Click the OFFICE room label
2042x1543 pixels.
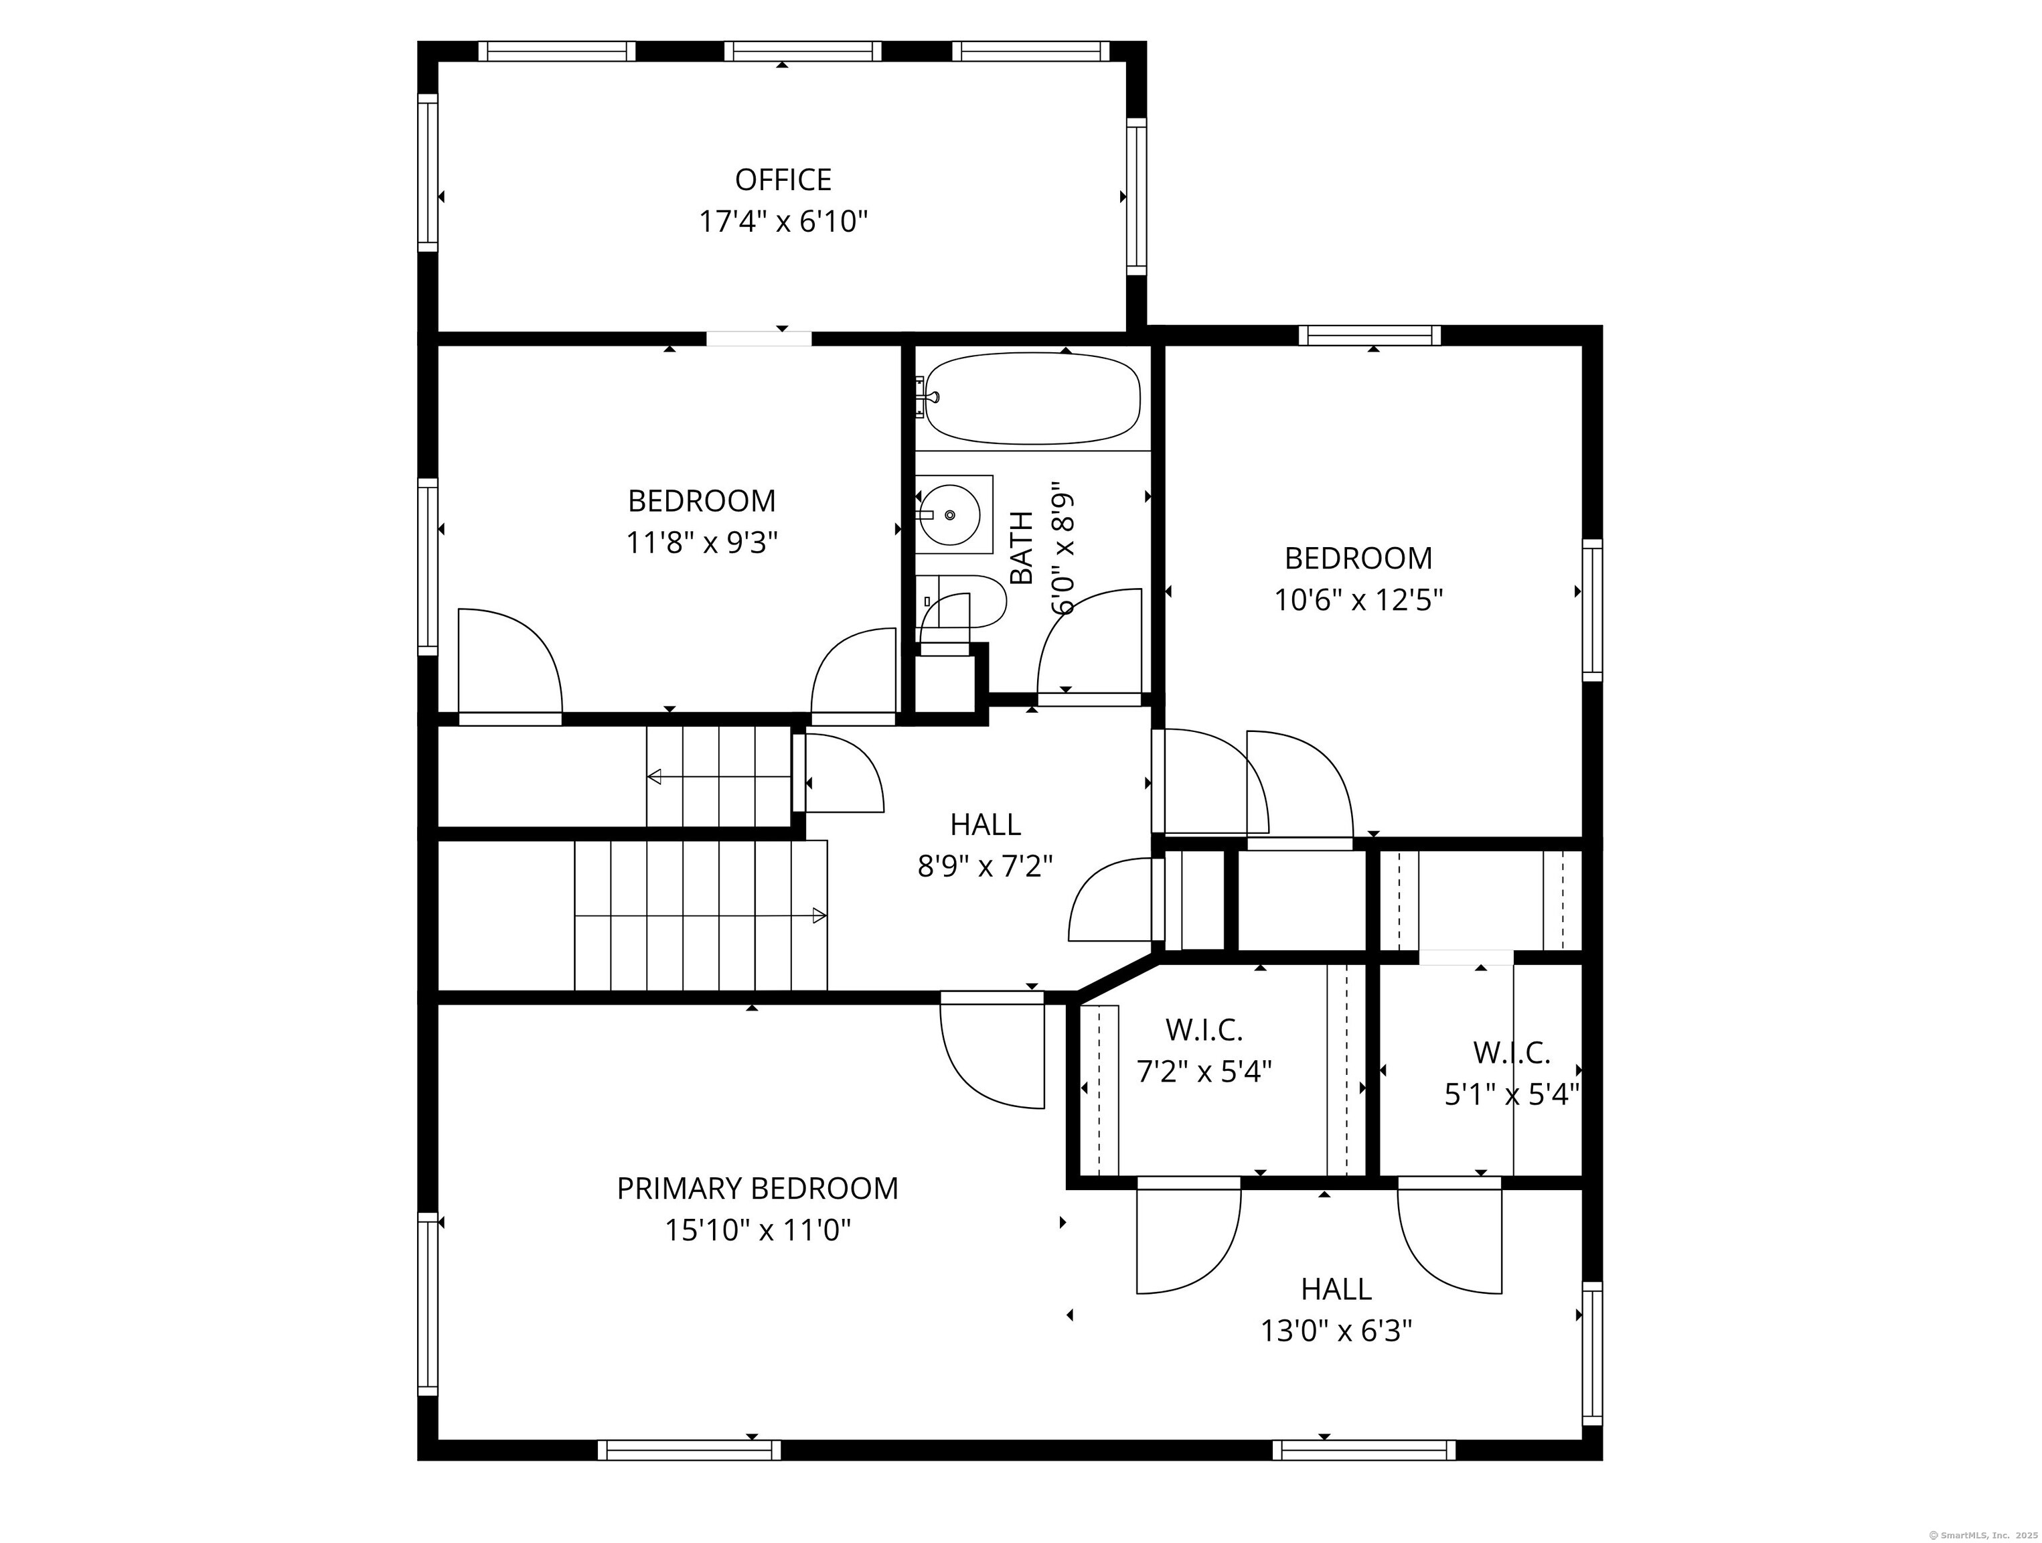(783, 179)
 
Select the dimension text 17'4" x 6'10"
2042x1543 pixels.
(783, 222)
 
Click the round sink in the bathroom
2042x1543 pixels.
(951, 514)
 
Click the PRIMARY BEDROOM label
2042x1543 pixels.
(757, 1189)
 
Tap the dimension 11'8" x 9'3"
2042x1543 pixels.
(702, 542)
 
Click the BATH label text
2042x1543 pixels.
(1022, 548)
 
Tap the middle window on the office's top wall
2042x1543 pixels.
(802, 51)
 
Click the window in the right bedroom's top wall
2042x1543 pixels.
(1370, 336)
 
